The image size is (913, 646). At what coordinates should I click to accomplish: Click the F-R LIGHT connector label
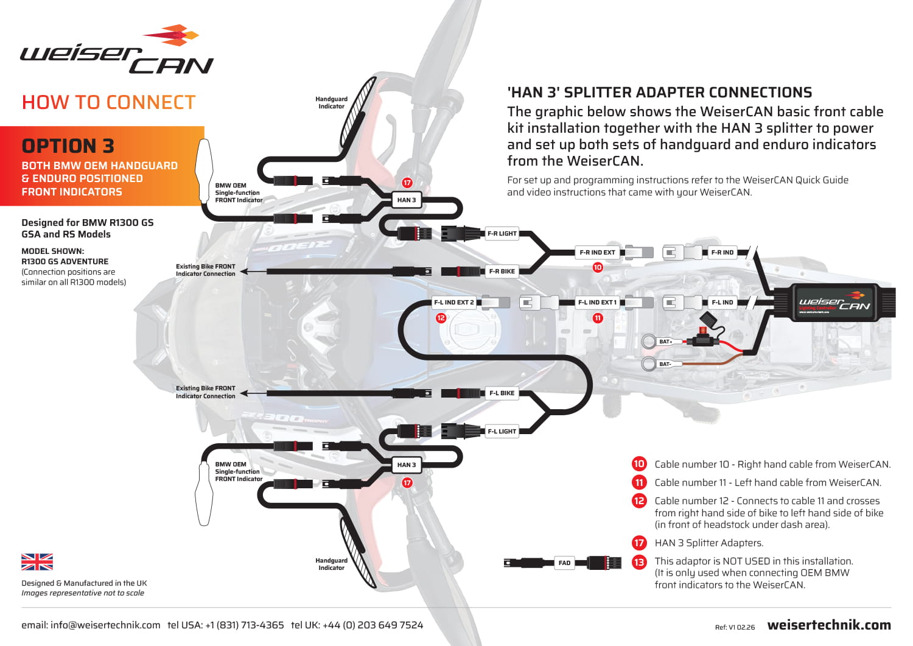(x=502, y=233)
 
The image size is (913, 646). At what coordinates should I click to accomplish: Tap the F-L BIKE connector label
(x=502, y=393)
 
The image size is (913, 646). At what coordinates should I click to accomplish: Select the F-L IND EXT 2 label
(x=453, y=302)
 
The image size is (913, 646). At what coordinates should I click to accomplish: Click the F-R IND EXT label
(x=597, y=252)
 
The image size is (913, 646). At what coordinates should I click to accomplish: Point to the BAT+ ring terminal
(x=649, y=341)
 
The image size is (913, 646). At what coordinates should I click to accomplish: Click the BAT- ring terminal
(x=649, y=364)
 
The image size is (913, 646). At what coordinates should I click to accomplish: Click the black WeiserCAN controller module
(x=834, y=302)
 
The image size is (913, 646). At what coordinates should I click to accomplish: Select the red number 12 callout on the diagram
(x=441, y=318)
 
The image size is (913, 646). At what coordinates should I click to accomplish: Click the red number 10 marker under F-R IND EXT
(x=598, y=267)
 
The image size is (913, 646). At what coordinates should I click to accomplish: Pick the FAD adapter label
(x=564, y=563)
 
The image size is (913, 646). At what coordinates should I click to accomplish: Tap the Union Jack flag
(x=37, y=561)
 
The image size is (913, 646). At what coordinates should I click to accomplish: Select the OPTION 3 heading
(x=68, y=146)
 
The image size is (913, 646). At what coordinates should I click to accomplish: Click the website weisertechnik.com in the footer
(x=829, y=625)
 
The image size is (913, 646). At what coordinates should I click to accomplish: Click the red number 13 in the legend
(x=638, y=561)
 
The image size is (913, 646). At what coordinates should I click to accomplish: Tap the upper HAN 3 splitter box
(x=406, y=200)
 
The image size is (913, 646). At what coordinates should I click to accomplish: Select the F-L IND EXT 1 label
(x=597, y=302)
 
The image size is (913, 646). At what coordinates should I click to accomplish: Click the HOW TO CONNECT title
(x=108, y=102)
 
